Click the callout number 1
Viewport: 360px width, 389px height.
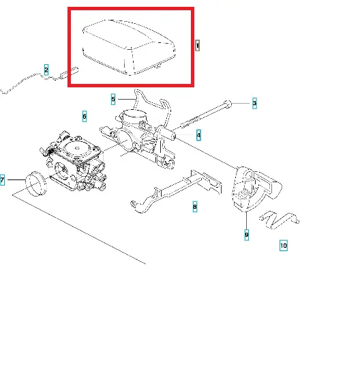197,46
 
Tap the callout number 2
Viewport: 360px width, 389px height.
46,70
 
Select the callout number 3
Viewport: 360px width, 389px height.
254,103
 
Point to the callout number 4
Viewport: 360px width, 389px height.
198,135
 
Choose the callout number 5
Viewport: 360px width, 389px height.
113,99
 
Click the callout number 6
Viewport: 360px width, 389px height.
85,116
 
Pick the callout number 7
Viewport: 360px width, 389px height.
2,179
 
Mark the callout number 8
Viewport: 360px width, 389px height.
195,207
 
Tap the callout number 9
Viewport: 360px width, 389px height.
246,235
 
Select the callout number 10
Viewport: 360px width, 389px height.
284,246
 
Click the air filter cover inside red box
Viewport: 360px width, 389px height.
129,46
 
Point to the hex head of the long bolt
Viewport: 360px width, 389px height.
228,104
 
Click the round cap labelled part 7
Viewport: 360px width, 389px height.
36,184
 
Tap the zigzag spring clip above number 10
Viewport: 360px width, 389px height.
279,220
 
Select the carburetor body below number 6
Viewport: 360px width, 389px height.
74,161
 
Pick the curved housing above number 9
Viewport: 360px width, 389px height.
256,189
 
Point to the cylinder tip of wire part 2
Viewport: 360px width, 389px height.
70,72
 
